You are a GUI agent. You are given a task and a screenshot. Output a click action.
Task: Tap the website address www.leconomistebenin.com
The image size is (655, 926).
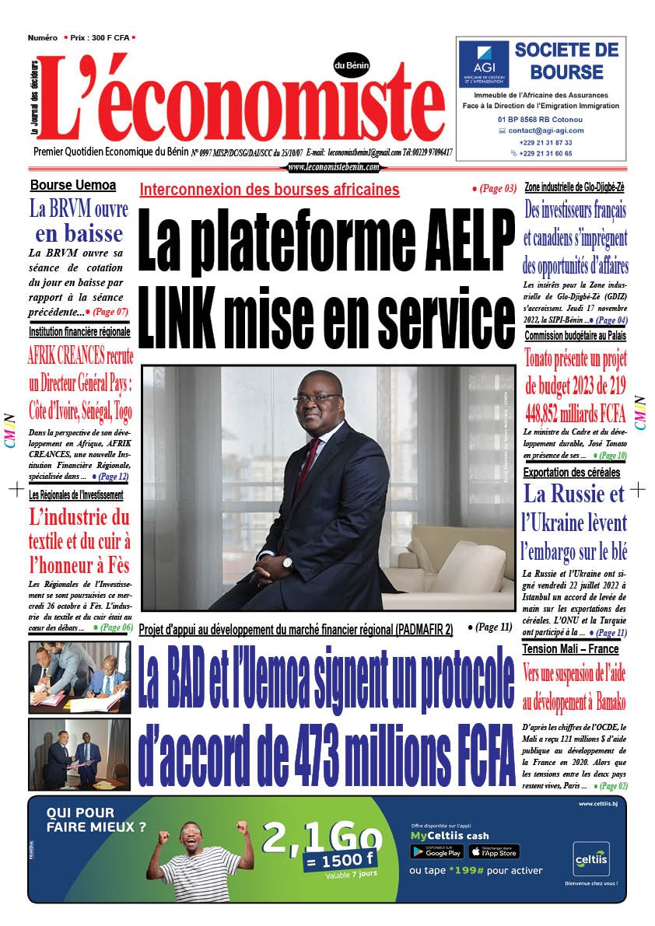[333, 167]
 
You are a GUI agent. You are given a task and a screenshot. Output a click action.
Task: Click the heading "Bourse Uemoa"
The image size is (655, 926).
[73, 185]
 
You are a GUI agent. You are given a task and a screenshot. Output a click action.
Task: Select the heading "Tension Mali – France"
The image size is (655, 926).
[570, 648]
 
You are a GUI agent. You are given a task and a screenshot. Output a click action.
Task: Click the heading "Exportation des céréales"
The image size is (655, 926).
[571, 472]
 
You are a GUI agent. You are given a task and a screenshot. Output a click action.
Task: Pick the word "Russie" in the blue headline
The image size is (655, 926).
[573, 494]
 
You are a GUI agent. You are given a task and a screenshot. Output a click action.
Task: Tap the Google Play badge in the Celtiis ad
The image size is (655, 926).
[436, 851]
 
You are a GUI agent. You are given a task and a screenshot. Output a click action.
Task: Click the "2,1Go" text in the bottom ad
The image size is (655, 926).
[322, 838]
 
